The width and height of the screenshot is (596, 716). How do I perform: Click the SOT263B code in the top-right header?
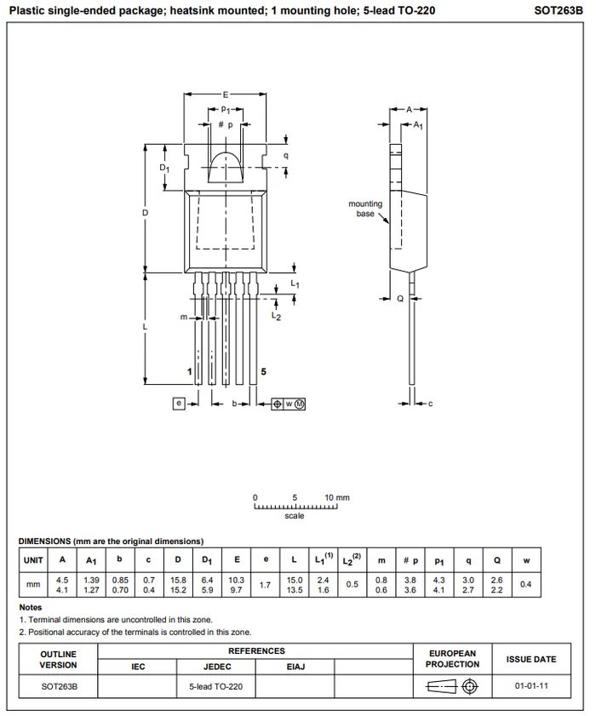point(558,10)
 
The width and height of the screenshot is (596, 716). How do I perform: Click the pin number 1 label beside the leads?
point(190,372)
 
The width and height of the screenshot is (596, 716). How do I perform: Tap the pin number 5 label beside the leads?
point(264,372)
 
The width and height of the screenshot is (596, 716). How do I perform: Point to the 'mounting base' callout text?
point(365,209)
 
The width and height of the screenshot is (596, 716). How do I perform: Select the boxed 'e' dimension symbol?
point(179,404)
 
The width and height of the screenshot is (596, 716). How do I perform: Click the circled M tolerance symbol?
point(300,404)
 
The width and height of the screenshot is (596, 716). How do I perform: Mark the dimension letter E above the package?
point(225,95)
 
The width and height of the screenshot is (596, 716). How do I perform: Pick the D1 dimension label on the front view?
point(164,168)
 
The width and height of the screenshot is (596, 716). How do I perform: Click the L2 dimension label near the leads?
point(277,316)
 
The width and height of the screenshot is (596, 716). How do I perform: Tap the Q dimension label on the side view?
point(400,299)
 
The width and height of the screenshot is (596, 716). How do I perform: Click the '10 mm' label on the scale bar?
point(337,498)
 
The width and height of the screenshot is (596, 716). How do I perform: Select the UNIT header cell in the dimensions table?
point(33,560)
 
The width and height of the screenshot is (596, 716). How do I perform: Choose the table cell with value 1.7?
point(266,585)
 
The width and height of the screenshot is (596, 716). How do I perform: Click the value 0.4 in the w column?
point(526,585)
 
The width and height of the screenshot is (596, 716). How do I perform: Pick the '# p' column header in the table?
point(410,560)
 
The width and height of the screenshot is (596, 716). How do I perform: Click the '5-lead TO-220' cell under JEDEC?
point(216,686)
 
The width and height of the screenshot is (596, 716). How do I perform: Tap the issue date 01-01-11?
point(531,686)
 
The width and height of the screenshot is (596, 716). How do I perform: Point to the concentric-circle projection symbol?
point(470,686)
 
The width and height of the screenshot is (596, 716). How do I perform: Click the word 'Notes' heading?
point(30,607)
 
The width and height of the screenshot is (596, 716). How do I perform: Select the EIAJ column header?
point(295,667)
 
